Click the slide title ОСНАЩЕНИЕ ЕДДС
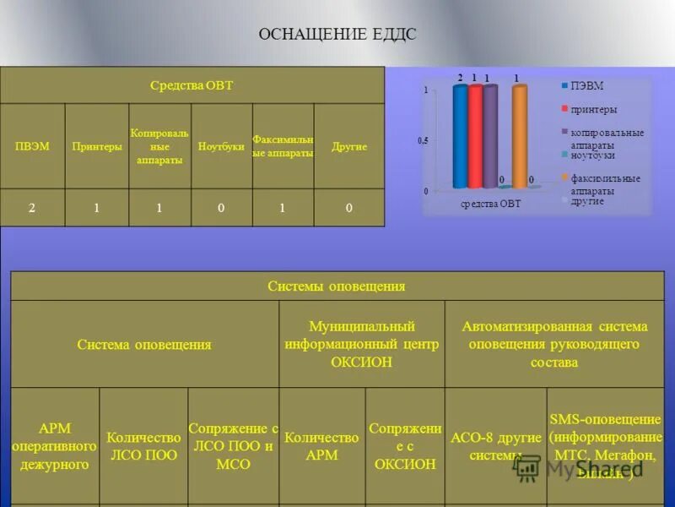pos(337,35)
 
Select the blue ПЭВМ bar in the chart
pos(460,135)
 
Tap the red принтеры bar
pos(475,135)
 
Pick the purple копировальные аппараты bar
pos(490,135)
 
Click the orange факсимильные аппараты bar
pos(519,135)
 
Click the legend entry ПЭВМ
pos(586,85)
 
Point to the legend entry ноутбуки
pos(592,155)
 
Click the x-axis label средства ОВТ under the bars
pos(491,204)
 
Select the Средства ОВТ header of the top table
pos(192,85)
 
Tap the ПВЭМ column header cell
pos(32,146)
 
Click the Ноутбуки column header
pos(221,146)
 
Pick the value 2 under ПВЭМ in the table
pos(32,208)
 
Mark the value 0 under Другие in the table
pos(348,208)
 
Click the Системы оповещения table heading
pos(337,286)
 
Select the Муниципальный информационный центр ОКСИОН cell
pos(361,344)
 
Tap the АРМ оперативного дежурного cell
pos(55,446)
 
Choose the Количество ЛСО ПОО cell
pos(143,446)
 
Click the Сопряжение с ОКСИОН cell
pos(405,446)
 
